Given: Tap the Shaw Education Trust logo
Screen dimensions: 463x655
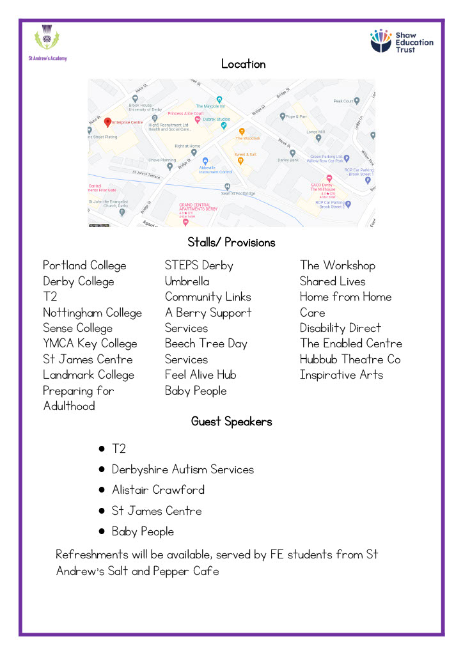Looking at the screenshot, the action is point(402,40).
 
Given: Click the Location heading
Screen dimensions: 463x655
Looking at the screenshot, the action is point(243,64).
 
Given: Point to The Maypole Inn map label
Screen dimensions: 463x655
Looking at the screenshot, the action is point(211,106).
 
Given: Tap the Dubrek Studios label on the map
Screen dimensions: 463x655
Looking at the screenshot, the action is point(217,120).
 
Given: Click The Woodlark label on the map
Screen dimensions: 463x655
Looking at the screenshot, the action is point(247,138).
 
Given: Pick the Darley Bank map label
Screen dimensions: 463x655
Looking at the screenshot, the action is point(288,160).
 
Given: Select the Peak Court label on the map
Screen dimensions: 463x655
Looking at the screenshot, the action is point(344,101).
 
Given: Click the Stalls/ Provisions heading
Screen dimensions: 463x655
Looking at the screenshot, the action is point(231,242).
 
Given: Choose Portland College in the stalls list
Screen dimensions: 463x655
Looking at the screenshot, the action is point(84,265).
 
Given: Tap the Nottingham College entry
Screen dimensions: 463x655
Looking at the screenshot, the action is point(92,313).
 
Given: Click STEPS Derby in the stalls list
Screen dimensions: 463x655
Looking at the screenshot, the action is point(199,265).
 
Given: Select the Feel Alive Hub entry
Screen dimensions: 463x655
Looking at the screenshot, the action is point(200,375).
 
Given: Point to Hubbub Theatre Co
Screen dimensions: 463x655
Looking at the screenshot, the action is point(350,359).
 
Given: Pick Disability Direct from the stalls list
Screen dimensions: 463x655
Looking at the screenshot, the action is point(340,328).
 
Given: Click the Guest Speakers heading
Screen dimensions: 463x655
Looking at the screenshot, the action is point(231,422).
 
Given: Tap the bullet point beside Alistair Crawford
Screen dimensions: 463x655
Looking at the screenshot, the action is point(102,490).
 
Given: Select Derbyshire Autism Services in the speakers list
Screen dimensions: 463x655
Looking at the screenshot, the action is point(182,470).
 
